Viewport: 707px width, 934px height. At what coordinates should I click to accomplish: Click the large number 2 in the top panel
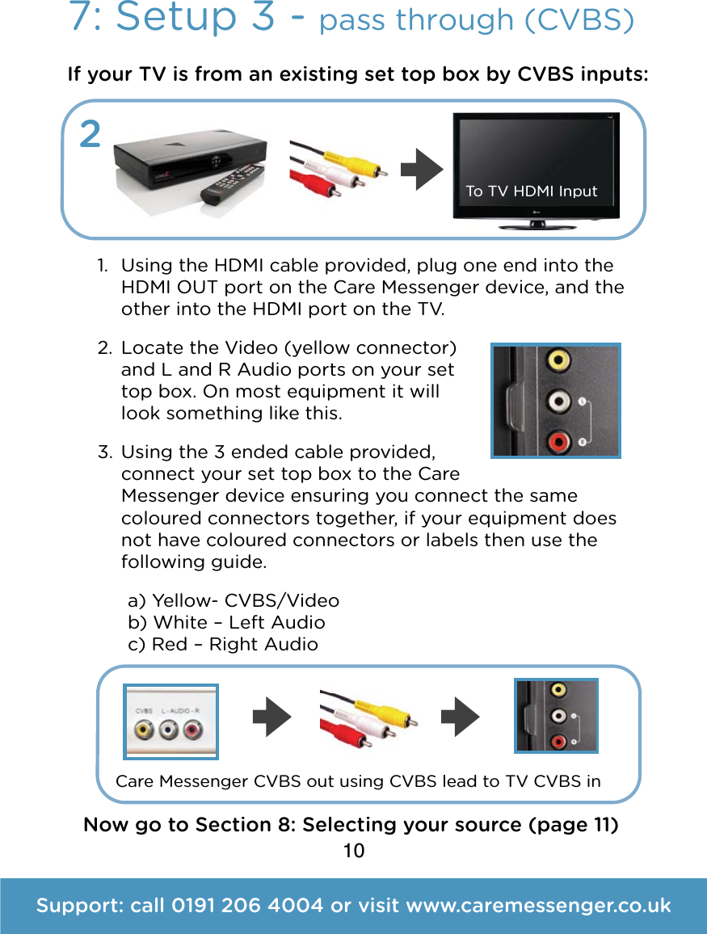point(90,135)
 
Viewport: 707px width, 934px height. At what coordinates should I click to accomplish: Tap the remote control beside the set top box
point(232,187)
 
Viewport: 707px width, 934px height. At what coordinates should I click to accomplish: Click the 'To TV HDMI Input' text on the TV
point(532,191)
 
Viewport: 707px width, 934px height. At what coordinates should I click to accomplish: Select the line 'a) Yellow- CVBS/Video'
point(234,600)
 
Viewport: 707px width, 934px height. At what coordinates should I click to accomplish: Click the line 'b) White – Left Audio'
point(227,622)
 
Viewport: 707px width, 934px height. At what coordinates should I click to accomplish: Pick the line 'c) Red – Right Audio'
point(223,644)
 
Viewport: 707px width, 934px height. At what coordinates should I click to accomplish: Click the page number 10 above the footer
point(353,851)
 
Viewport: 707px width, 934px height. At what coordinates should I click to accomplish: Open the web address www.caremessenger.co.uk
point(537,906)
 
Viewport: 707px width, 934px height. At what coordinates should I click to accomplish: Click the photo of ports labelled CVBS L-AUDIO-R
point(170,722)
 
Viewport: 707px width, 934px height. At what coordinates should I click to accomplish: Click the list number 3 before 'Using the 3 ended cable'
point(103,451)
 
